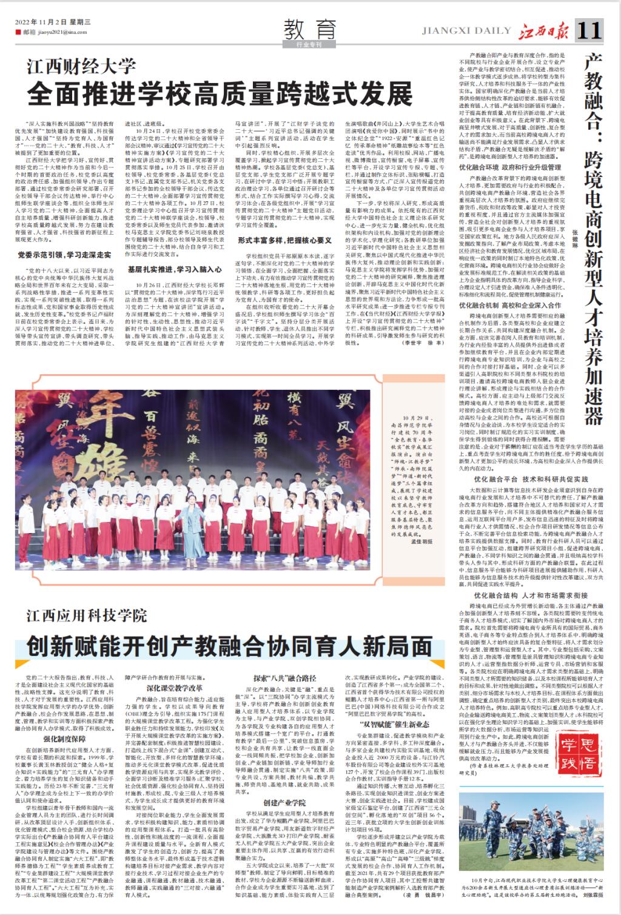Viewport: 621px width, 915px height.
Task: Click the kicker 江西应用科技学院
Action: (x=86, y=617)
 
